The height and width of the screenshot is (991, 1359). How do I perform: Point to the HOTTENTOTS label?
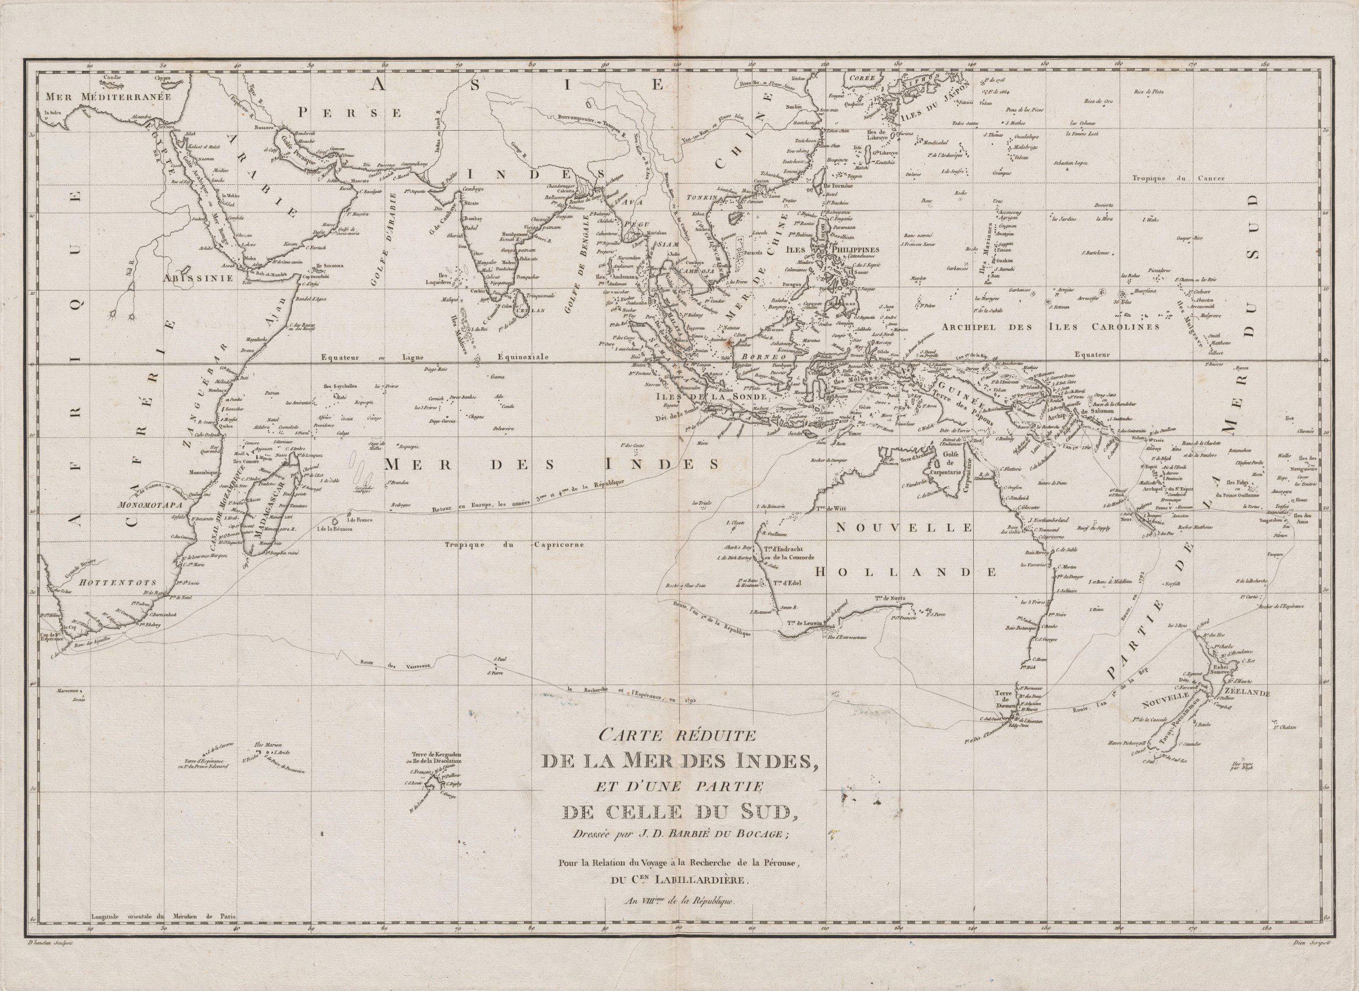click(x=114, y=582)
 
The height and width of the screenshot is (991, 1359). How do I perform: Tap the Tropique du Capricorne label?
click(x=519, y=545)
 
